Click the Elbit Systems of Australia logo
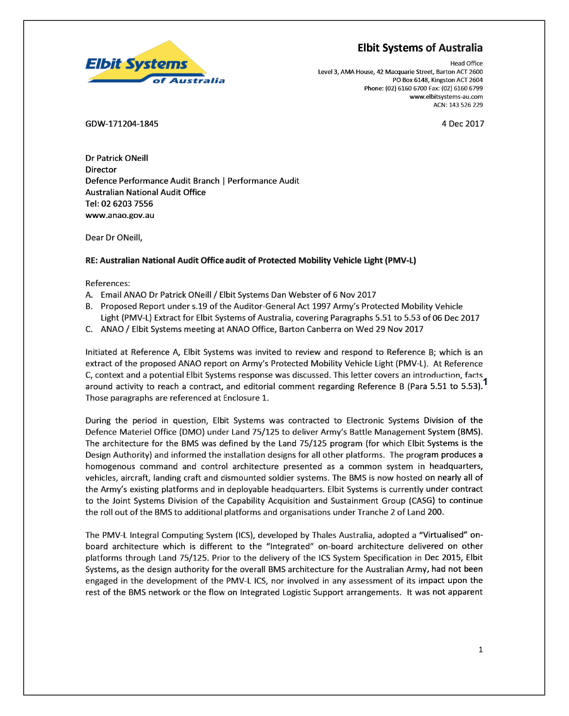coord(155,64)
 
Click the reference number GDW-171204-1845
coord(122,124)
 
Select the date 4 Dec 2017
coord(462,124)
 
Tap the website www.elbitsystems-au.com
coord(446,97)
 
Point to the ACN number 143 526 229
coord(466,105)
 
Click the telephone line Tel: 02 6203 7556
coord(119,204)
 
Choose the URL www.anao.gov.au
coord(120,215)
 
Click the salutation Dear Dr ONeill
coord(114,238)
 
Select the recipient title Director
coord(101,170)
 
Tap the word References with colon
coord(107,283)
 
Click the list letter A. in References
coord(89,295)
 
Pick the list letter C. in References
coord(89,329)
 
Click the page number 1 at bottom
coord(480,650)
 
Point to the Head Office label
coord(466,64)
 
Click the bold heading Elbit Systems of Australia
coord(420,48)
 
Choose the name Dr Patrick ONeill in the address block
coord(117,158)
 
